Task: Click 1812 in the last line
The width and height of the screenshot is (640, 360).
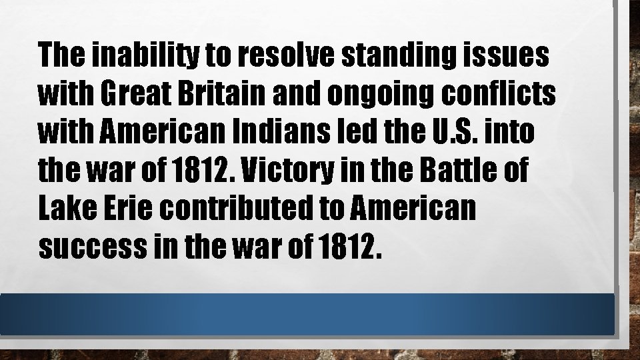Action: pos(349,248)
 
